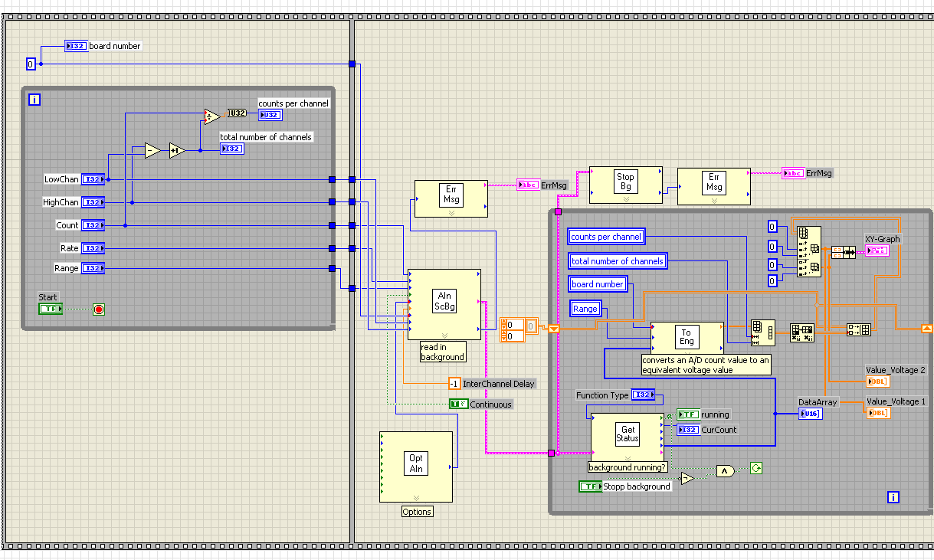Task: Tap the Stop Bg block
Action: pos(625,185)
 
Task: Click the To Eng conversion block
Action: pos(687,337)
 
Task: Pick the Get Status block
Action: pos(627,435)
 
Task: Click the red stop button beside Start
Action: pos(98,309)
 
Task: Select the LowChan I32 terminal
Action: pos(93,179)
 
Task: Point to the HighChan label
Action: pos(61,202)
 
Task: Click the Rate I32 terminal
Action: pos(93,248)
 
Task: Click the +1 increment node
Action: pos(177,150)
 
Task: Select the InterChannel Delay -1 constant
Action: pos(454,384)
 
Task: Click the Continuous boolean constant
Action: pos(457,404)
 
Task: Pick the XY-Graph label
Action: pos(883,239)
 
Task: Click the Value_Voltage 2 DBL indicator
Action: pos(877,382)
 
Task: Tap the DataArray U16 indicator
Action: pos(809,414)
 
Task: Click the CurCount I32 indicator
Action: pos(688,430)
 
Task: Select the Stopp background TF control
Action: pos(590,486)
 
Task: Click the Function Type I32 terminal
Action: pos(642,395)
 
